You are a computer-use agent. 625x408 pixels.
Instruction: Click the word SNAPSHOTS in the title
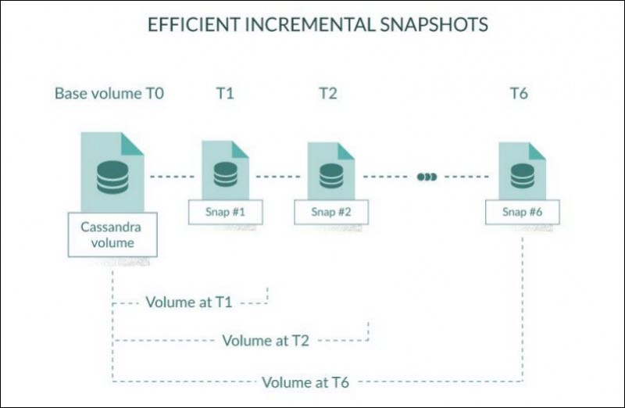434,24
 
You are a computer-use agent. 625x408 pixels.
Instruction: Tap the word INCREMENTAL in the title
309,24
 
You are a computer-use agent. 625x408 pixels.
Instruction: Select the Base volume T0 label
109,93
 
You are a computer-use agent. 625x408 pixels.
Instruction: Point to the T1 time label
225,93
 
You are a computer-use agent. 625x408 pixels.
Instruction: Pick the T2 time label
328,93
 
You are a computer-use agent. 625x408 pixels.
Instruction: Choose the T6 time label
520,93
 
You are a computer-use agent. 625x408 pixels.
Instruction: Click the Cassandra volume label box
112,234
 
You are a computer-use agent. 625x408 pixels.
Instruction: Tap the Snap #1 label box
225,212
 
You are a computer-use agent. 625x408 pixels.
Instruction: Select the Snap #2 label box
331,212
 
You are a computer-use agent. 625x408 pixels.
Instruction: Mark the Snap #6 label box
522,212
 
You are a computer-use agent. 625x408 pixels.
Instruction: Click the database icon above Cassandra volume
112,177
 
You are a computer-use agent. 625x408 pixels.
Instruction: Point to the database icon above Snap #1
225,174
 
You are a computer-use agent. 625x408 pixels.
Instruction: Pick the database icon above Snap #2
331,176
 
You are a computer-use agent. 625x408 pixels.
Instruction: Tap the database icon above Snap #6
523,176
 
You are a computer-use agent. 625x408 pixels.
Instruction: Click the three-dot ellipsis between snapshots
427,177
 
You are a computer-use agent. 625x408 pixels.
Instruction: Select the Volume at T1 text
189,302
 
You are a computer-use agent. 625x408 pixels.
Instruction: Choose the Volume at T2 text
266,341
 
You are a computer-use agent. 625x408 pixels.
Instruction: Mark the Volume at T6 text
305,382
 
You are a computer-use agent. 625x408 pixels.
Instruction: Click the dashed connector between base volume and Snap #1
172,177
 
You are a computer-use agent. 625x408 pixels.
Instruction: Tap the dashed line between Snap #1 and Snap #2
278,177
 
